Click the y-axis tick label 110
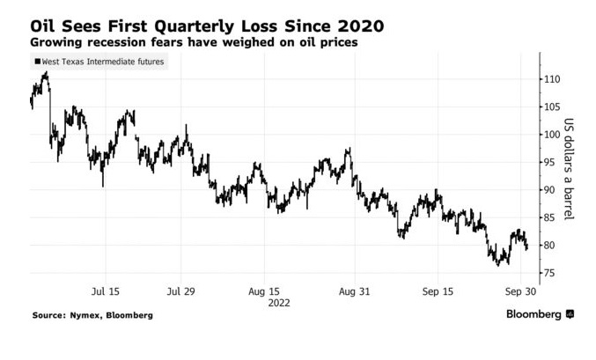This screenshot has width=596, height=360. [551, 79]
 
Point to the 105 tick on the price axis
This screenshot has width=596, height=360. [551, 107]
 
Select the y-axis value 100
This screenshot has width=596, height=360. [551, 135]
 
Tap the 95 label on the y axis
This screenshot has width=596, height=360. [548, 162]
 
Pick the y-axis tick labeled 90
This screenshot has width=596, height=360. [548, 190]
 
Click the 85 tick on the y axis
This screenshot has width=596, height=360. [548, 217]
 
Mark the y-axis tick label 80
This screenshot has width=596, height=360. [548, 246]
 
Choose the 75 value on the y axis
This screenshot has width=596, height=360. [548, 273]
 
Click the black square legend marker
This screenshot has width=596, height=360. [36, 62]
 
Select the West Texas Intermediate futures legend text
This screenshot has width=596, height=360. [102, 62]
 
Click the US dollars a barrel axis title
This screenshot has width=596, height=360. [569, 169]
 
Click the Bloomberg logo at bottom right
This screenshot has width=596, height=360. [538, 314]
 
